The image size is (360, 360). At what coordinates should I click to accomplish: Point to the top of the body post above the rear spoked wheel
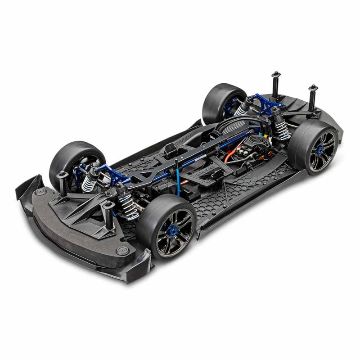pos(312,87)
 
